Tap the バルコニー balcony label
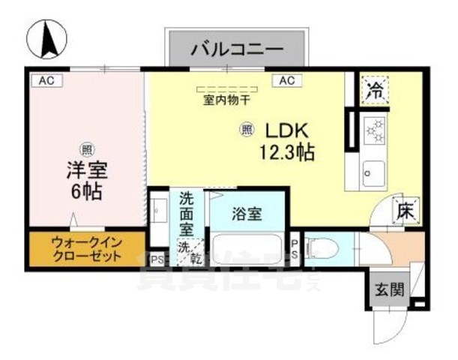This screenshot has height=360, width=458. tap(236, 49)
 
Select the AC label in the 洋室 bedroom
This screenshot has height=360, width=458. tap(46, 79)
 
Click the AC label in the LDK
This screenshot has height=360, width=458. tap(287, 80)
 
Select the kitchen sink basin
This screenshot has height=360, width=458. tap(373, 175)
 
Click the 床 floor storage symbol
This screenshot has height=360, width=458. tap(405, 209)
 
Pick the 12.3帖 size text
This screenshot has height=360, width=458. tap(286, 152)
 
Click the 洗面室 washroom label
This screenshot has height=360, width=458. tap(187, 214)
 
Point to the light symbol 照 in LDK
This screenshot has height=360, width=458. tap(247, 130)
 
